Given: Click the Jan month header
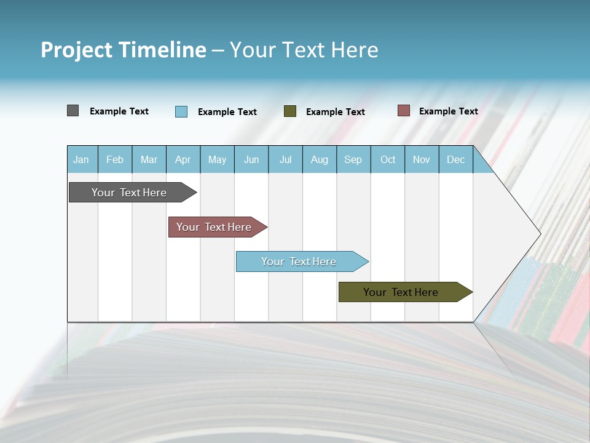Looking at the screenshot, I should click(x=81, y=159).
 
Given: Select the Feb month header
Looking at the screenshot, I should click(x=115, y=159).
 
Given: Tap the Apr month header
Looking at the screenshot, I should click(x=183, y=159).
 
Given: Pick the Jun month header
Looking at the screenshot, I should click(x=251, y=159).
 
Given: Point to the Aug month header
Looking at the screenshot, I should click(x=320, y=159).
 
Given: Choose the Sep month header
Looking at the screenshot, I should click(x=353, y=159).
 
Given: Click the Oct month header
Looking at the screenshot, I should click(x=388, y=159).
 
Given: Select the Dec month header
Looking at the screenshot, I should click(x=455, y=159).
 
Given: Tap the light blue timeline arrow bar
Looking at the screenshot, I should click(x=299, y=261).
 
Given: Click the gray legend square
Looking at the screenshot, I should click(x=73, y=111).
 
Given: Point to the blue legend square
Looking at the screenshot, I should click(x=181, y=111).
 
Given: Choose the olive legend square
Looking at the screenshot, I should click(x=290, y=111).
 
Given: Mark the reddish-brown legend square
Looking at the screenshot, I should click(x=403, y=111).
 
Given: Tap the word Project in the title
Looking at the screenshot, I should click(x=77, y=50).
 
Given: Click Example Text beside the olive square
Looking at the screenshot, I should click(x=335, y=112).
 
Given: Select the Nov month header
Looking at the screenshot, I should click(x=422, y=159).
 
